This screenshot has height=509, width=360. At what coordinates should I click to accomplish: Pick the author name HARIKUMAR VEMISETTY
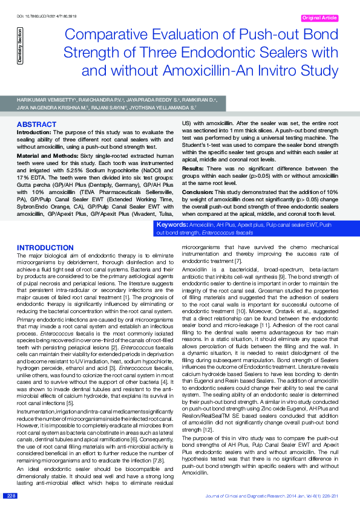44,97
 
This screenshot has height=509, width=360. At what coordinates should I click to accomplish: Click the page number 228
11,496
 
